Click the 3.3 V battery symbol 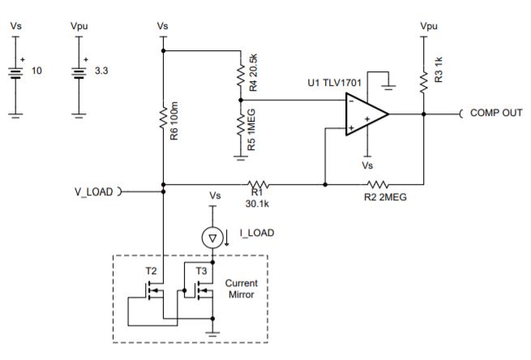click(x=79, y=72)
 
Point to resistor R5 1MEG click(x=241, y=126)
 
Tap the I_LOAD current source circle click(x=212, y=238)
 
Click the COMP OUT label click(x=495, y=113)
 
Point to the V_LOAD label click(x=92, y=192)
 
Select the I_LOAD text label click(x=256, y=233)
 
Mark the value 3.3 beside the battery click(x=101, y=71)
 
